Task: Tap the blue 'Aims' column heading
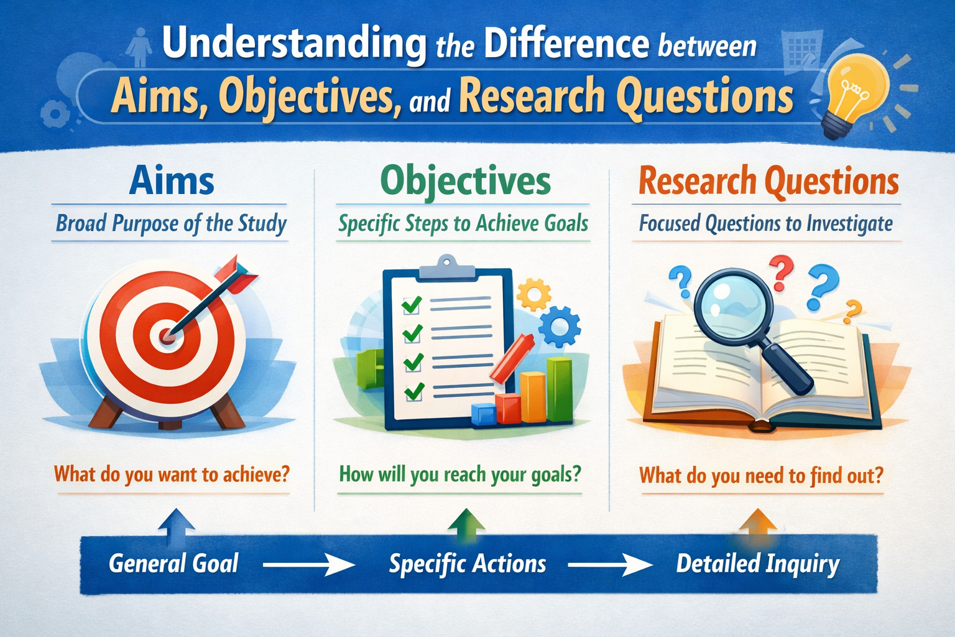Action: [x=172, y=182]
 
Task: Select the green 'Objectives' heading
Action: [x=465, y=182]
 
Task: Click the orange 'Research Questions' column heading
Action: [x=768, y=182]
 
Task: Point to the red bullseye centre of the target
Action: [x=167, y=336]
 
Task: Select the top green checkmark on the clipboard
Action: [x=412, y=304]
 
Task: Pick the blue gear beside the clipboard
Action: [x=560, y=326]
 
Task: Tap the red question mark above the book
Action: [x=782, y=272]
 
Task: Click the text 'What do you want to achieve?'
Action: [x=172, y=475]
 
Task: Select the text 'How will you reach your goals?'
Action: [x=460, y=475]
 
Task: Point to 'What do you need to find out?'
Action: [x=761, y=476]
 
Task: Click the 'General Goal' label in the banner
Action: [x=173, y=564]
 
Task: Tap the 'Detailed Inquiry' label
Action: [x=757, y=564]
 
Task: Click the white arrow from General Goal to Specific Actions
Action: [x=308, y=565]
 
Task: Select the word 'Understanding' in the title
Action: [x=293, y=44]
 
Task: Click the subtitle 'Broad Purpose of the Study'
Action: [x=171, y=223]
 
